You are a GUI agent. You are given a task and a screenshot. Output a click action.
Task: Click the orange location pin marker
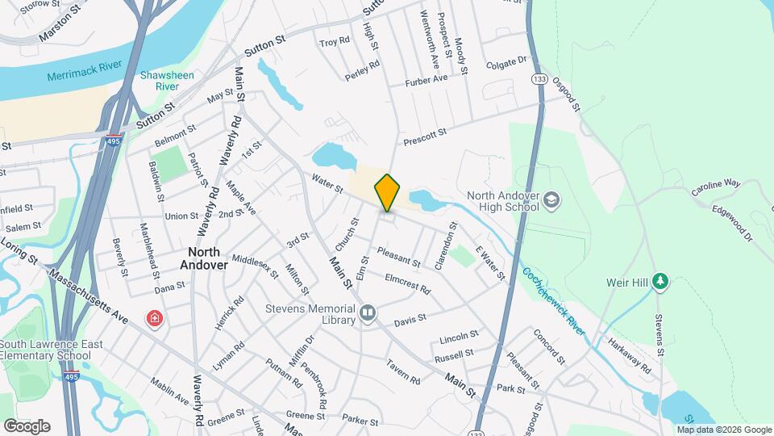[388, 192]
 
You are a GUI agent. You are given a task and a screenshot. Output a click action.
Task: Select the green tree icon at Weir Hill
[661, 282]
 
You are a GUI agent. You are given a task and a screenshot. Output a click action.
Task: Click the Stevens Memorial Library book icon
[368, 312]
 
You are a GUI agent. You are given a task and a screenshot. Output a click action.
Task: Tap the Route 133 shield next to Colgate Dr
[539, 78]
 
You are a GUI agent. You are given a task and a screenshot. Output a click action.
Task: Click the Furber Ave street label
[427, 79]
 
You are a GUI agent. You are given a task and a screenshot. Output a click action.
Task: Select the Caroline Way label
[715, 188]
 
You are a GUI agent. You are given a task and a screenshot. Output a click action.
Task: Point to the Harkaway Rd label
[630, 355]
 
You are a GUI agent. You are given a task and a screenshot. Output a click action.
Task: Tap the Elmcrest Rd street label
[407, 284]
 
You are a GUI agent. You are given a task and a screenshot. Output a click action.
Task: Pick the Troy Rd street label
[334, 41]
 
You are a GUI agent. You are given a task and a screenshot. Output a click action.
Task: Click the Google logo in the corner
[27, 426]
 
